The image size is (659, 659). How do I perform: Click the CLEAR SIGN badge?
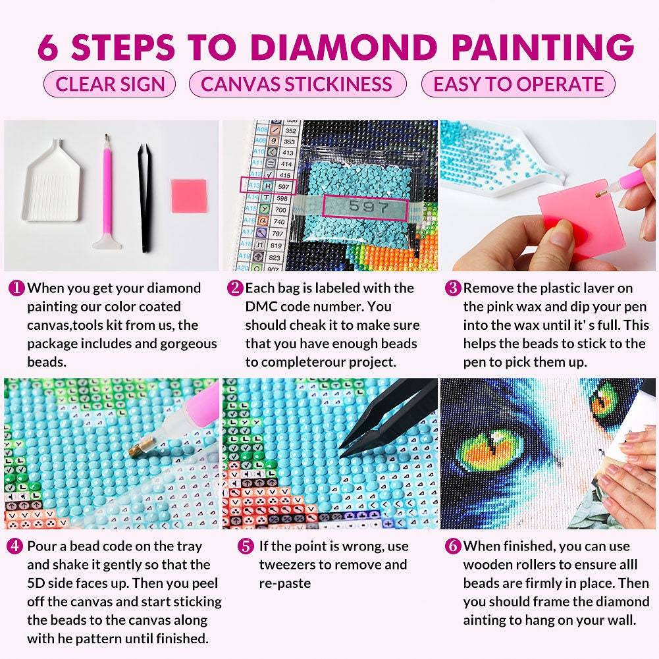tap(109, 84)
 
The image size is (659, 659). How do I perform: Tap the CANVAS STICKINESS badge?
tap(297, 84)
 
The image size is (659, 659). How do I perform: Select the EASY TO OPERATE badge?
tap(518, 84)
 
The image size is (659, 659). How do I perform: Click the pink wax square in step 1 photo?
tap(189, 196)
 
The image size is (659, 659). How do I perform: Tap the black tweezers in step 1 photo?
tap(145, 198)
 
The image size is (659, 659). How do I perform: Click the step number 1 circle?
tap(16, 288)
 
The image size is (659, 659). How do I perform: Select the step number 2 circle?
tap(235, 288)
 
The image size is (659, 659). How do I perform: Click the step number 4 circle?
tap(16, 546)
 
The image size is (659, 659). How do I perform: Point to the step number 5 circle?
tap(246, 546)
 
